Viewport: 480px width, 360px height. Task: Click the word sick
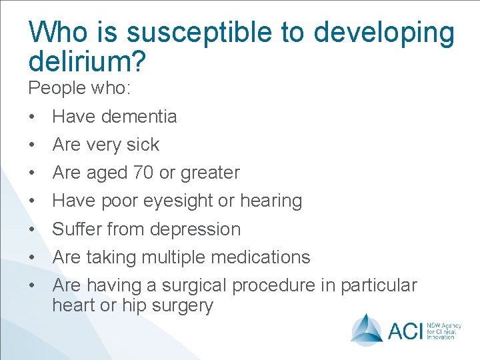point(143,145)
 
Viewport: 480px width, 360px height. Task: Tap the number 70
point(143,173)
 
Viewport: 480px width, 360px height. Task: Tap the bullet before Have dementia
point(32,117)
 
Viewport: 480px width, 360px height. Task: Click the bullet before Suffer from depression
point(32,230)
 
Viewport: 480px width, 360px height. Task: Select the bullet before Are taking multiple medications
point(32,258)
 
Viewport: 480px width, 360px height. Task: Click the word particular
point(379,285)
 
